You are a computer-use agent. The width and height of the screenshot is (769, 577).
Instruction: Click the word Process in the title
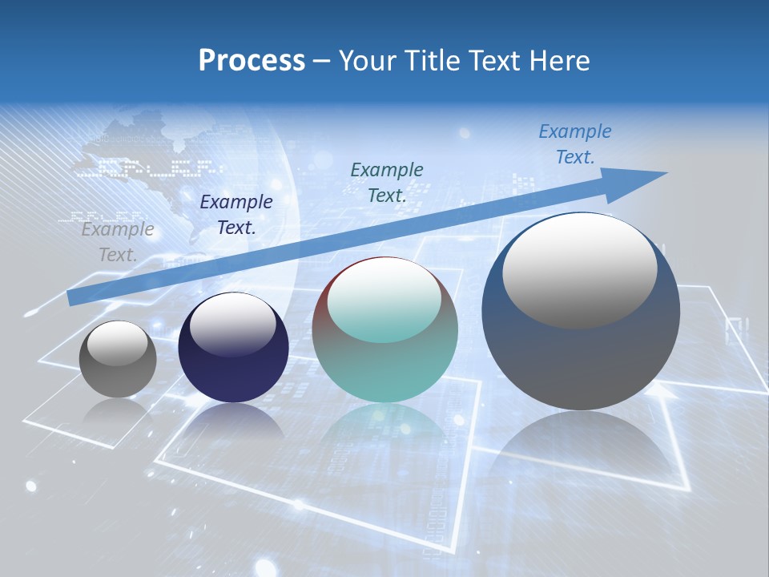[x=252, y=60]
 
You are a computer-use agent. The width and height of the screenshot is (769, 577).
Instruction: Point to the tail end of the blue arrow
[x=72, y=297]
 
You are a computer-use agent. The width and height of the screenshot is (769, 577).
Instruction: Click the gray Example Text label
[x=118, y=242]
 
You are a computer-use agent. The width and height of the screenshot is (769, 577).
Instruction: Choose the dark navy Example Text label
[x=236, y=215]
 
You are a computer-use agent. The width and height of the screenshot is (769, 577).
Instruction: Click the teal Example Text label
[x=387, y=182]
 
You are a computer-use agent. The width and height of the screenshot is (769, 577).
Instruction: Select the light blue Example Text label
[x=574, y=144]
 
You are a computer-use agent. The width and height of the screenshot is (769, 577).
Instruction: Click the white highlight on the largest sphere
[x=579, y=268]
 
